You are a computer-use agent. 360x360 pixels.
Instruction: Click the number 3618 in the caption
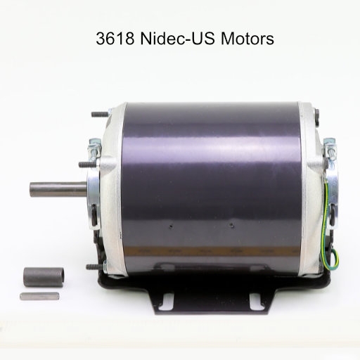(x=115, y=39)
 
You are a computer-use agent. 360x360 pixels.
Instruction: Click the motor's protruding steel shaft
(x=58, y=189)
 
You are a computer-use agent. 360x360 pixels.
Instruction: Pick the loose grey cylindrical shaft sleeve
(x=44, y=277)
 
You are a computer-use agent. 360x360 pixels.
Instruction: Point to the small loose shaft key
(x=39, y=296)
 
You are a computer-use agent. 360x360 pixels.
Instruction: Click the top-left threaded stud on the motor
(x=100, y=115)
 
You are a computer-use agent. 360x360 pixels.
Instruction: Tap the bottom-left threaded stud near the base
(x=95, y=266)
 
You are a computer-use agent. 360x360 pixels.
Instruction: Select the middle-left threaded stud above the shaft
(x=88, y=165)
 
